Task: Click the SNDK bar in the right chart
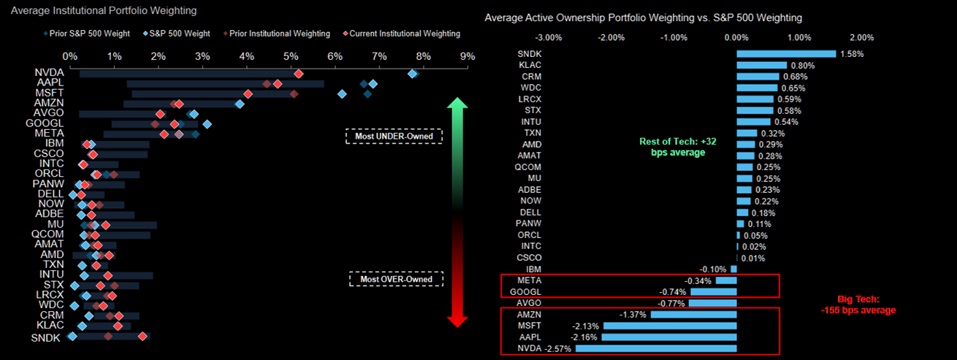(785, 53)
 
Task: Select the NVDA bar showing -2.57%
(656, 348)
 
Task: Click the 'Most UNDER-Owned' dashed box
(394, 137)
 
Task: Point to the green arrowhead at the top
(457, 105)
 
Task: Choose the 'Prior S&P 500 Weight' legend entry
(85, 34)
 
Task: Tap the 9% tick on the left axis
(468, 56)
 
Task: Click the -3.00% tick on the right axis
(549, 37)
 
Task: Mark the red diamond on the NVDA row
(298, 73)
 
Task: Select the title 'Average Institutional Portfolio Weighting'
(104, 11)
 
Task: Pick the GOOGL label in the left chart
(49, 123)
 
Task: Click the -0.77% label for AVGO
(672, 303)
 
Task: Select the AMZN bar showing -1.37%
(693, 314)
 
